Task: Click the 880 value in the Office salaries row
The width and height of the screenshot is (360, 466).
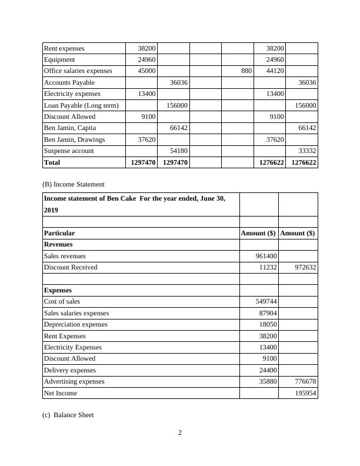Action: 246,71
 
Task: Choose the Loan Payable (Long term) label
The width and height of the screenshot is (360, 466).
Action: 81,105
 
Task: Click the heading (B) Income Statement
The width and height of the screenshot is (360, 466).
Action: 74,184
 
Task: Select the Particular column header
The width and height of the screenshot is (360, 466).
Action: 59,233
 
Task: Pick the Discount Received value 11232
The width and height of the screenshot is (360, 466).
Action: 267,267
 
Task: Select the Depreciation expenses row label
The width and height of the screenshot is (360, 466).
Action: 76,324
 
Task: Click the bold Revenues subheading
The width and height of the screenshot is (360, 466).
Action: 58,244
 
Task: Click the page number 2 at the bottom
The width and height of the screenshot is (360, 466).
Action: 180,434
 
